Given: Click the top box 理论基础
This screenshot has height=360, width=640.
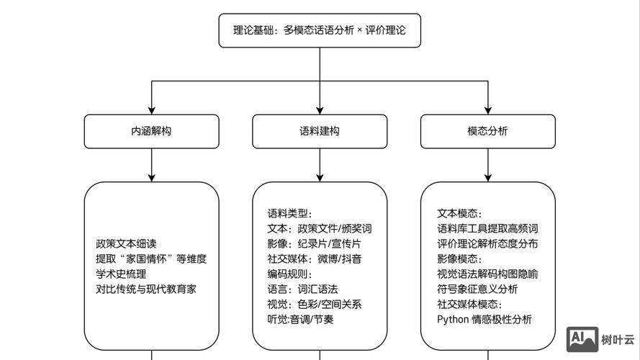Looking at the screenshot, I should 320,30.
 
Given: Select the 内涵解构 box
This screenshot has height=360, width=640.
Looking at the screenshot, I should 151,131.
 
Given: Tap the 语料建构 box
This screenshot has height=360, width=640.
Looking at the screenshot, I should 320,131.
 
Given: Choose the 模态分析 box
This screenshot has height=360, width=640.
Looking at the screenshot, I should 487,131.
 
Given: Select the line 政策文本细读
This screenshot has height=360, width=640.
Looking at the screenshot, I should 126,243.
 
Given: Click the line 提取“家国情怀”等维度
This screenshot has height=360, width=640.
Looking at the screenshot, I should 151,258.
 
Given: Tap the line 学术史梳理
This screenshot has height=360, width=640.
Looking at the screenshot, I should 121,274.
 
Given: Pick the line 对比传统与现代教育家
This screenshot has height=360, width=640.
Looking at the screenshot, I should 146,289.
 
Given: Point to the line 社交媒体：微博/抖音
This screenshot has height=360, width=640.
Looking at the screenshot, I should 315,258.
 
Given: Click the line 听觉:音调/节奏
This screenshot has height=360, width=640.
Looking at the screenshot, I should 300,319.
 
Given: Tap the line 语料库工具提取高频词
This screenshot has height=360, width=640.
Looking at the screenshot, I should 487,228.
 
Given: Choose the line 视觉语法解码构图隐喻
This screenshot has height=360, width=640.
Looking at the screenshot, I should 487,274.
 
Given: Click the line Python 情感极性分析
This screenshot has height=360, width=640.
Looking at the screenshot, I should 484,319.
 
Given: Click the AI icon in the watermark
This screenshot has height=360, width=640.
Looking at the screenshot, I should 582,338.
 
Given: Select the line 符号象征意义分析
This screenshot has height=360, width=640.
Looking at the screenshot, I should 477,289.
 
